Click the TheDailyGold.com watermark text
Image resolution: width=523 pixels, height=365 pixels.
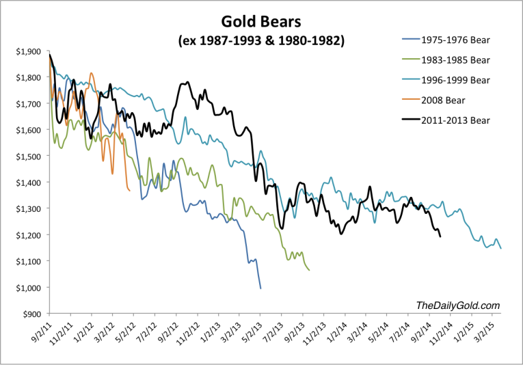point(457,306)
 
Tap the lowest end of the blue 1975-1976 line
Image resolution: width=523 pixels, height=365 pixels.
point(260,288)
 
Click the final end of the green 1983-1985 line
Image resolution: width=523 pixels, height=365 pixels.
point(310,270)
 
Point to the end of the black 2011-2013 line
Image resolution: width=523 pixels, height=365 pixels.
point(440,236)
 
